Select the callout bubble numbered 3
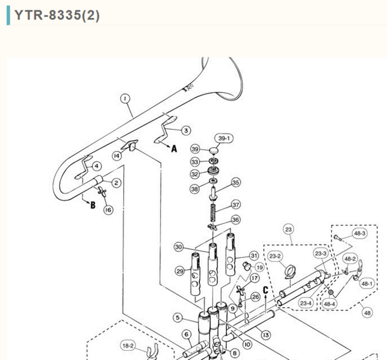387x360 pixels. point(186,130)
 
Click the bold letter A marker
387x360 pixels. point(173,148)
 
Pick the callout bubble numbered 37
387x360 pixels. point(236,205)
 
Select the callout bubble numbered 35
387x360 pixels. point(235,183)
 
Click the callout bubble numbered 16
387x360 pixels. point(108,210)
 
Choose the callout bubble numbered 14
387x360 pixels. point(117,155)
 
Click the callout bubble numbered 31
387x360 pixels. point(253,255)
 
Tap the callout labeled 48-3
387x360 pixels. point(360,233)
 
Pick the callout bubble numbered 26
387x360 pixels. point(255,297)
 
